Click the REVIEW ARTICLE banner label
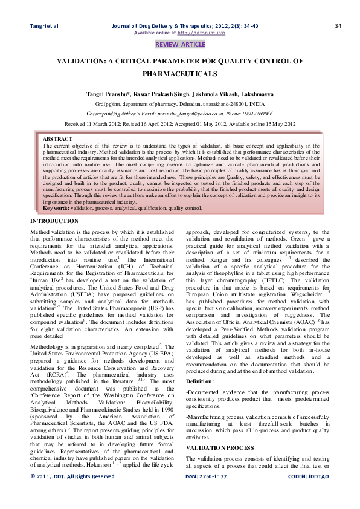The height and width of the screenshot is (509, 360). tap(180, 45)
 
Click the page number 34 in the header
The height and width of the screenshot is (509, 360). tap(338, 25)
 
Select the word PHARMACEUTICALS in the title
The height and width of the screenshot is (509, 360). tap(180, 73)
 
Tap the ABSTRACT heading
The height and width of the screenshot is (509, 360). tap(56, 139)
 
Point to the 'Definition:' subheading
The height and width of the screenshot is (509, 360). tap(199, 381)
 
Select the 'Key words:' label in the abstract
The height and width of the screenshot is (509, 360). tap(56, 208)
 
